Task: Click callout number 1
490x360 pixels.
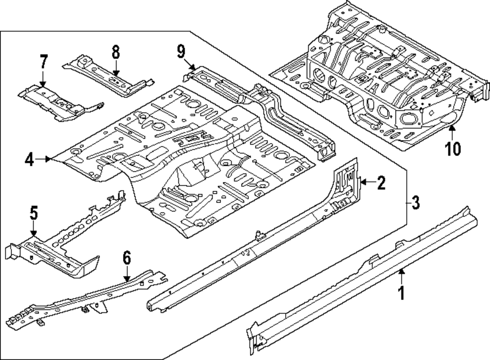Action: pos(401,293)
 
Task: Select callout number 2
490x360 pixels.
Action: pos(381,183)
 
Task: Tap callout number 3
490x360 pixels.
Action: pos(415,202)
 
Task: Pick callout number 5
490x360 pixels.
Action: pos(33,213)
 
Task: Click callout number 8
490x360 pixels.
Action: pos(116,51)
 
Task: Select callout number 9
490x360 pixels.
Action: pos(181,51)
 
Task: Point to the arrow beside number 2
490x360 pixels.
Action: pos(367,183)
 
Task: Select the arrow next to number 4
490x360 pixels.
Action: pos(44,158)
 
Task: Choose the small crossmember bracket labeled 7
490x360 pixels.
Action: pos(59,101)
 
